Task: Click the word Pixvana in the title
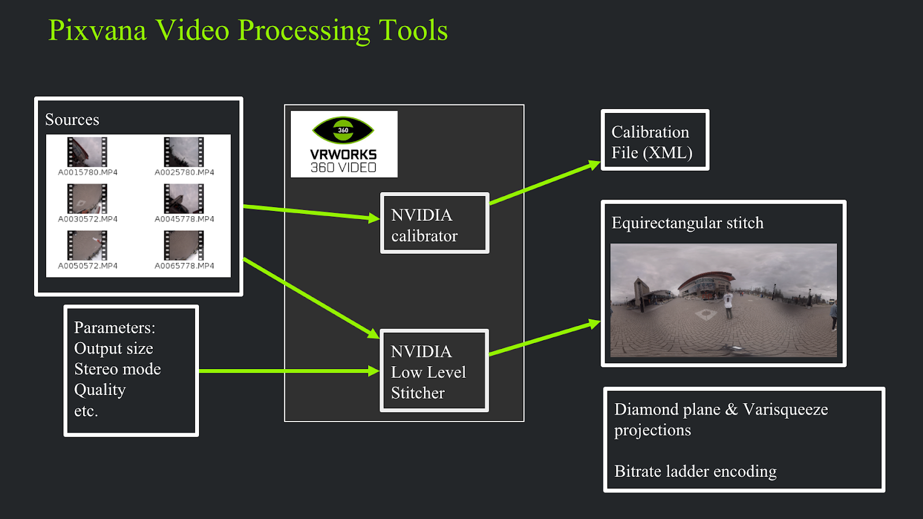pyautogui.click(x=97, y=30)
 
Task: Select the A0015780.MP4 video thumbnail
pyautogui.click(x=87, y=152)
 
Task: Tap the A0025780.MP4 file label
pyautogui.click(x=184, y=172)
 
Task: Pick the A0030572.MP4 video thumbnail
pyautogui.click(x=87, y=198)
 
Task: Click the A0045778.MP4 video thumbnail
pyautogui.click(x=184, y=198)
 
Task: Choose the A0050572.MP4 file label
pyautogui.click(x=87, y=266)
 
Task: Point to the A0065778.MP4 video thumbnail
pyautogui.click(x=184, y=246)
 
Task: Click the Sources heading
pyautogui.click(x=72, y=119)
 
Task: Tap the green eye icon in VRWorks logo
pyautogui.click(x=343, y=130)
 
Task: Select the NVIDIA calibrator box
pyautogui.click(x=435, y=223)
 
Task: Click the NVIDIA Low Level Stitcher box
pyautogui.click(x=434, y=371)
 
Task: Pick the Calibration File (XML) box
pyautogui.click(x=655, y=140)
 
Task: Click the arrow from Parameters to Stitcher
pyautogui.click(x=289, y=371)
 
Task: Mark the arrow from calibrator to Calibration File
pyautogui.click(x=545, y=182)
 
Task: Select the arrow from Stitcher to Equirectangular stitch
pyautogui.click(x=545, y=337)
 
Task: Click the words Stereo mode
pyautogui.click(x=118, y=369)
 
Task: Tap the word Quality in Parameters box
pyautogui.click(x=100, y=390)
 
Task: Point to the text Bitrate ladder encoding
pyautogui.click(x=695, y=472)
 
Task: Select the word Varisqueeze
pyautogui.click(x=785, y=410)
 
